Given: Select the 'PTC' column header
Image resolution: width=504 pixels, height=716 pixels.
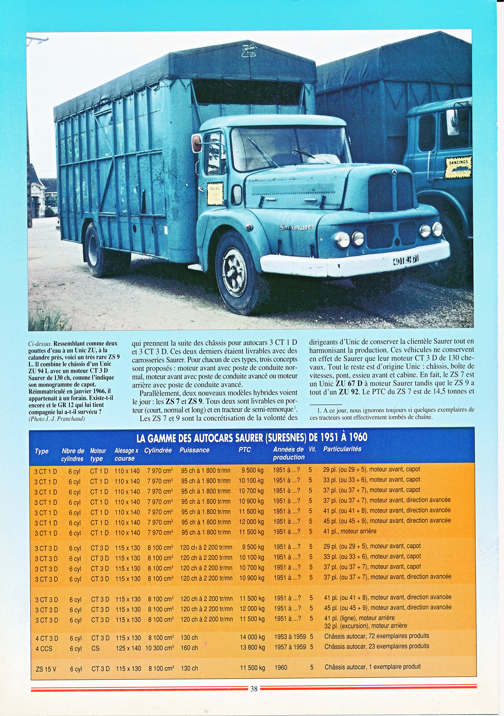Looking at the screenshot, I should [245, 450].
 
